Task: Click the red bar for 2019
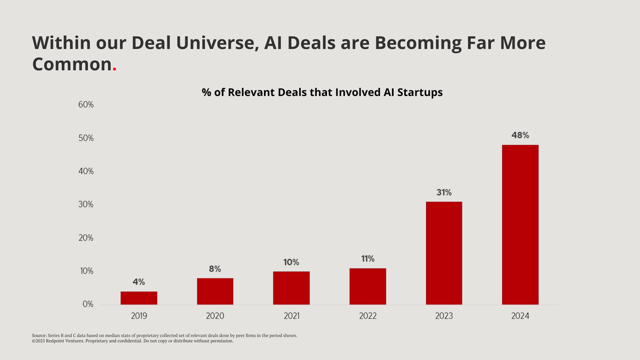139,298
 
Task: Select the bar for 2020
215,291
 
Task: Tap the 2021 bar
291,288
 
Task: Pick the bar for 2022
367,286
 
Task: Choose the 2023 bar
444,253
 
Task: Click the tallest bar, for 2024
520,225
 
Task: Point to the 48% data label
520,135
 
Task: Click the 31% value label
444,193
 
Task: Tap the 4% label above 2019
139,282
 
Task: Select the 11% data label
367,259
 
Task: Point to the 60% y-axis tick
85,105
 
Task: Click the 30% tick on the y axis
85,205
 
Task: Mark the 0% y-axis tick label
87,305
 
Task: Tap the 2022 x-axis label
367,316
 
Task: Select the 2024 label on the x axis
520,316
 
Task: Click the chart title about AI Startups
322,92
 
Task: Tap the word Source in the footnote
39,335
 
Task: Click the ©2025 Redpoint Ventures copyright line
132,341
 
